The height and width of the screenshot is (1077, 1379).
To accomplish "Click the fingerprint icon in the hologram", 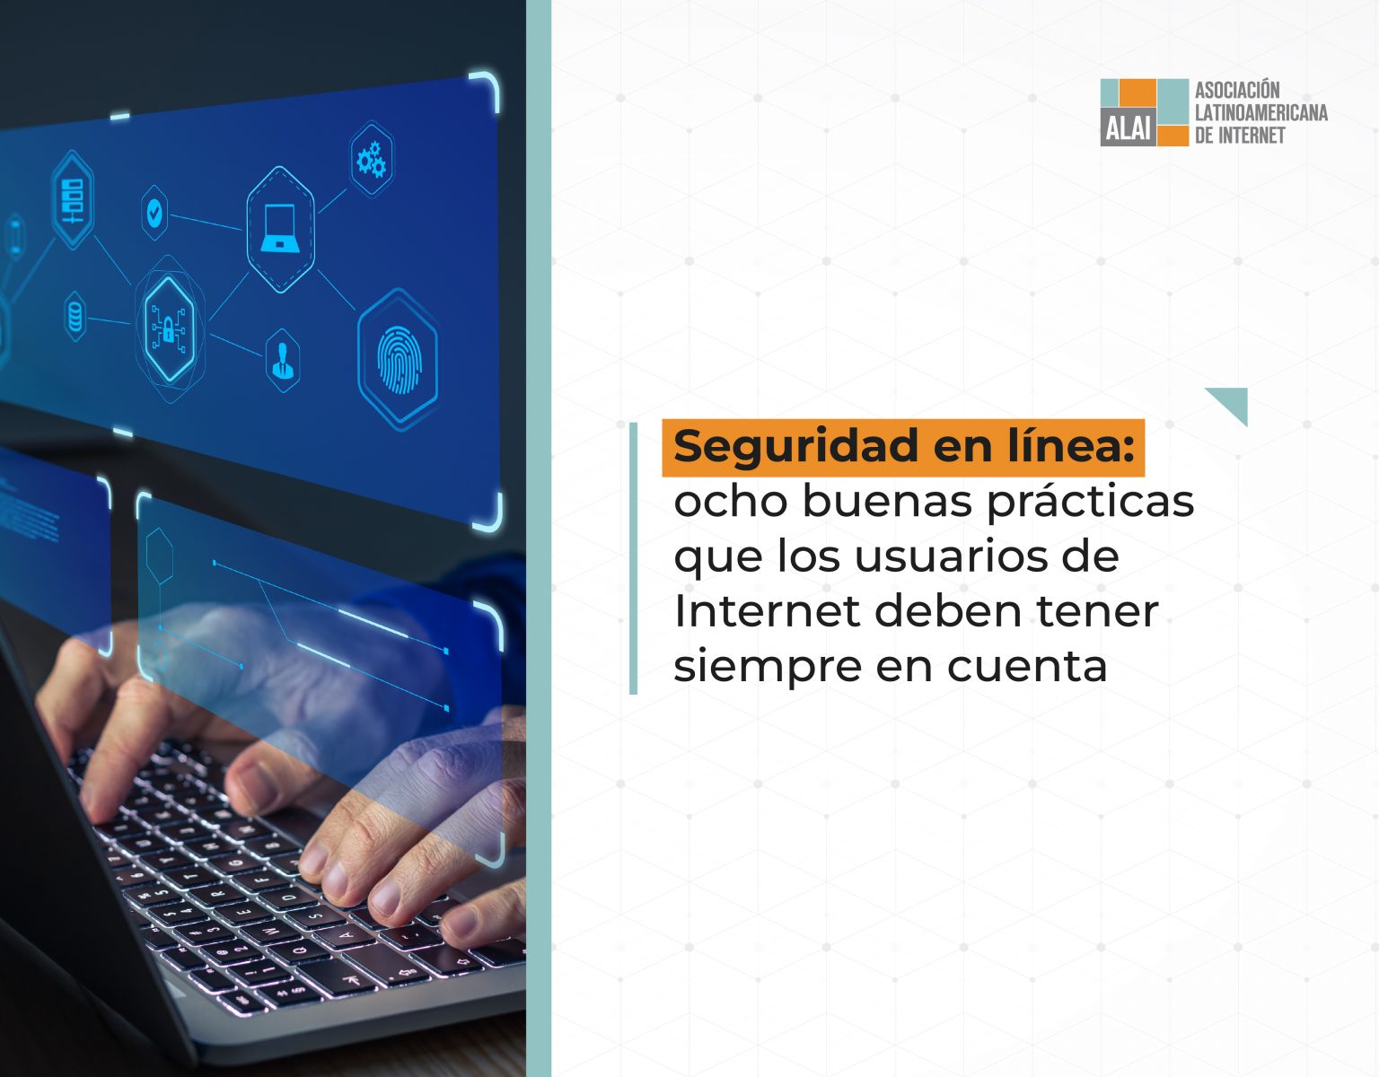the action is click(x=400, y=359).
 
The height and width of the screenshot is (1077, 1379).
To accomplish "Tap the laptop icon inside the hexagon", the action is click(x=280, y=228).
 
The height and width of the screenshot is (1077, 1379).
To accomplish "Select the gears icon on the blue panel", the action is click(x=371, y=159).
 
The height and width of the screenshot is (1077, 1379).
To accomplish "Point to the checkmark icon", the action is click(x=154, y=213).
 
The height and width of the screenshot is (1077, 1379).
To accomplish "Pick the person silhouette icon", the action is click(x=283, y=360).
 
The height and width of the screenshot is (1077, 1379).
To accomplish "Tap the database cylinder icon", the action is click(x=75, y=316).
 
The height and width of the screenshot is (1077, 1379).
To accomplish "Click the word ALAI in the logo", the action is click(x=1128, y=130).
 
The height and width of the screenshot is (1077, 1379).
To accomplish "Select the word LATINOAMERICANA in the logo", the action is click(x=1261, y=112).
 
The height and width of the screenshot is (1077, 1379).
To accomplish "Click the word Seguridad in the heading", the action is click(x=796, y=447).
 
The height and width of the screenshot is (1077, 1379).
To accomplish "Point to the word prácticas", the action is click(x=1090, y=503).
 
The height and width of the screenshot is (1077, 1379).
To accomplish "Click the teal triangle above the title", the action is click(x=1232, y=401).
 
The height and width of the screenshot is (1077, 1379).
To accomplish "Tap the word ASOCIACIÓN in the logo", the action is click(x=1237, y=90).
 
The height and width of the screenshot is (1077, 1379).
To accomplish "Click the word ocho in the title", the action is click(x=731, y=501).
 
